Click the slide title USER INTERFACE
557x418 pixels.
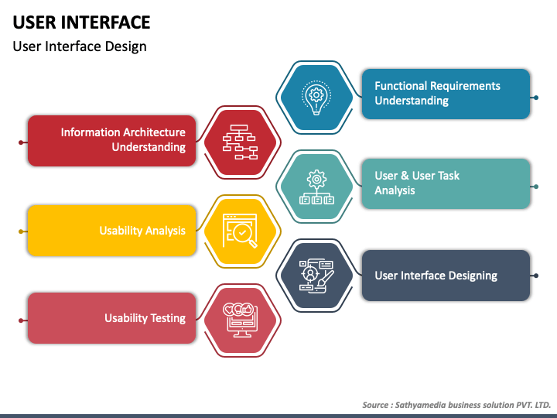click(x=81, y=22)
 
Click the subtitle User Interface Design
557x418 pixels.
click(x=80, y=46)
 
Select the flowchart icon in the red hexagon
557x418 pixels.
click(x=239, y=142)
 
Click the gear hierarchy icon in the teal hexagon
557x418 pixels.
click(x=316, y=187)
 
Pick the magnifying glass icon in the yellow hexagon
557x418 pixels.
click(x=240, y=231)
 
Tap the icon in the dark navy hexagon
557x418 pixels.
click(x=316, y=276)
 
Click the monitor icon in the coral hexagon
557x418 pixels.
click(x=239, y=318)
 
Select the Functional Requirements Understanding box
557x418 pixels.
click(x=446, y=94)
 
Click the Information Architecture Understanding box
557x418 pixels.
click(x=111, y=140)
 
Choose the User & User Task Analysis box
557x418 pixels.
click(x=446, y=183)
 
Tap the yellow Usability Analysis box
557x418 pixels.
click(x=111, y=231)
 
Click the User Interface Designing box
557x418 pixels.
click(x=446, y=275)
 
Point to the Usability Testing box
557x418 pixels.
click(x=111, y=318)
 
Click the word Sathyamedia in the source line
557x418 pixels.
click(x=423, y=405)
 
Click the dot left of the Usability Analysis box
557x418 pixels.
click(x=21, y=231)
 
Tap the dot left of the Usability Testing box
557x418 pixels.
click(x=21, y=320)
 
